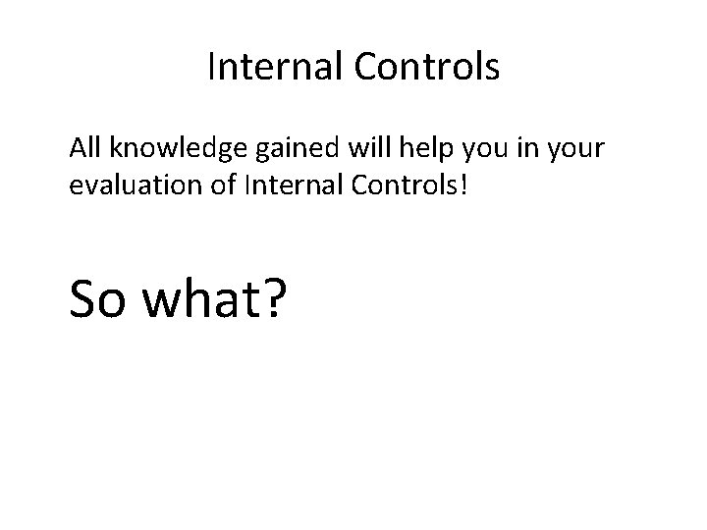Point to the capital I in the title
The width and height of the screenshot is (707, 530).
(x=213, y=68)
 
